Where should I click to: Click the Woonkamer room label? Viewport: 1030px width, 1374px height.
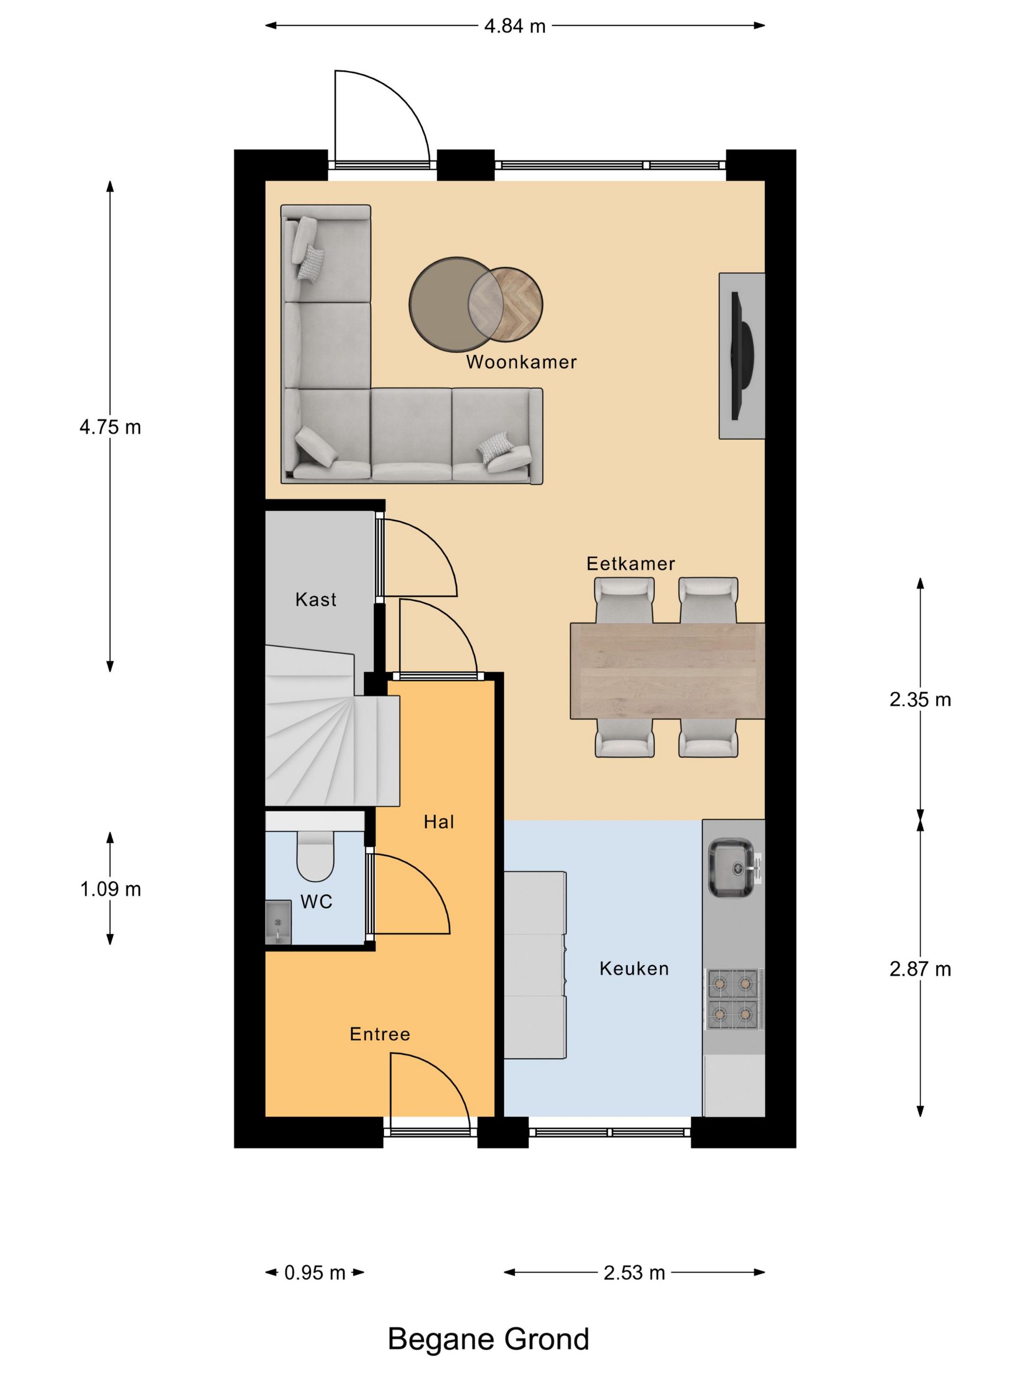point(521,362)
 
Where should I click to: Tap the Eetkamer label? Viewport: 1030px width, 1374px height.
point(630,563)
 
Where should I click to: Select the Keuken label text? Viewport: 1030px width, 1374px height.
point(634,968)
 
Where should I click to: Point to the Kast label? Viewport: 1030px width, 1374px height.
point(315,600)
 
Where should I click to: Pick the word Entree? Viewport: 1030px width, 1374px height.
point(380,1034)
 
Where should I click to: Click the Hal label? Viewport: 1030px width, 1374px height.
point(439,822)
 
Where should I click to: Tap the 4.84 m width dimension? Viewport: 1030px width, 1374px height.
point(515,26)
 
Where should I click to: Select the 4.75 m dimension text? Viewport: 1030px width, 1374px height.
point(110,427)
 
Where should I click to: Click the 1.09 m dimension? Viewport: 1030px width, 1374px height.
point(110,890)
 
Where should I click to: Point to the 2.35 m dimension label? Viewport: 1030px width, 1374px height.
point(920,700)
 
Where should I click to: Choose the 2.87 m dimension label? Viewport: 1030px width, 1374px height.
point(920,969)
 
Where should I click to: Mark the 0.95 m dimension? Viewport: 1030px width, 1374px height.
point(315,1273)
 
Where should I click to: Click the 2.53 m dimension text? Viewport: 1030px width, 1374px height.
point(634,1273)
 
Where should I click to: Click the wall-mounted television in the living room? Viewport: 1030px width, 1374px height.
point(743,356)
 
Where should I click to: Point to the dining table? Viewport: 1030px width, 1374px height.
point(668,671)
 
